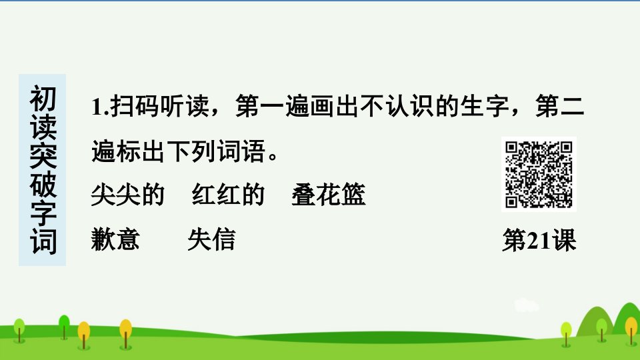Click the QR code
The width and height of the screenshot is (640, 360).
point(539,174)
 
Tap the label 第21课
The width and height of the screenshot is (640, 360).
point(539,240)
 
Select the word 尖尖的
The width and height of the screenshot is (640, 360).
point(128,195)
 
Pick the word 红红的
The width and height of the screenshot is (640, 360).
point(229,194)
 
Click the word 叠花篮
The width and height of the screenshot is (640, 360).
point(329,194)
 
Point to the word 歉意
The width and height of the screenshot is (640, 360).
point(115,239)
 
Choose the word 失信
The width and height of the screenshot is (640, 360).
point(212,239)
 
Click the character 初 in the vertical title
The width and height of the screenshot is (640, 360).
point(43,99)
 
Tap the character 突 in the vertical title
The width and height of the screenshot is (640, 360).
point(43,156)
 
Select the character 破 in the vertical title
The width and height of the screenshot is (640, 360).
point(43,185)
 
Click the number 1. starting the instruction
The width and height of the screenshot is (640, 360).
point(99,107)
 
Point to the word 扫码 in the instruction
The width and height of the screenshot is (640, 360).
point(134,106)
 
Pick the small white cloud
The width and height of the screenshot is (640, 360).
point(526,306)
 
